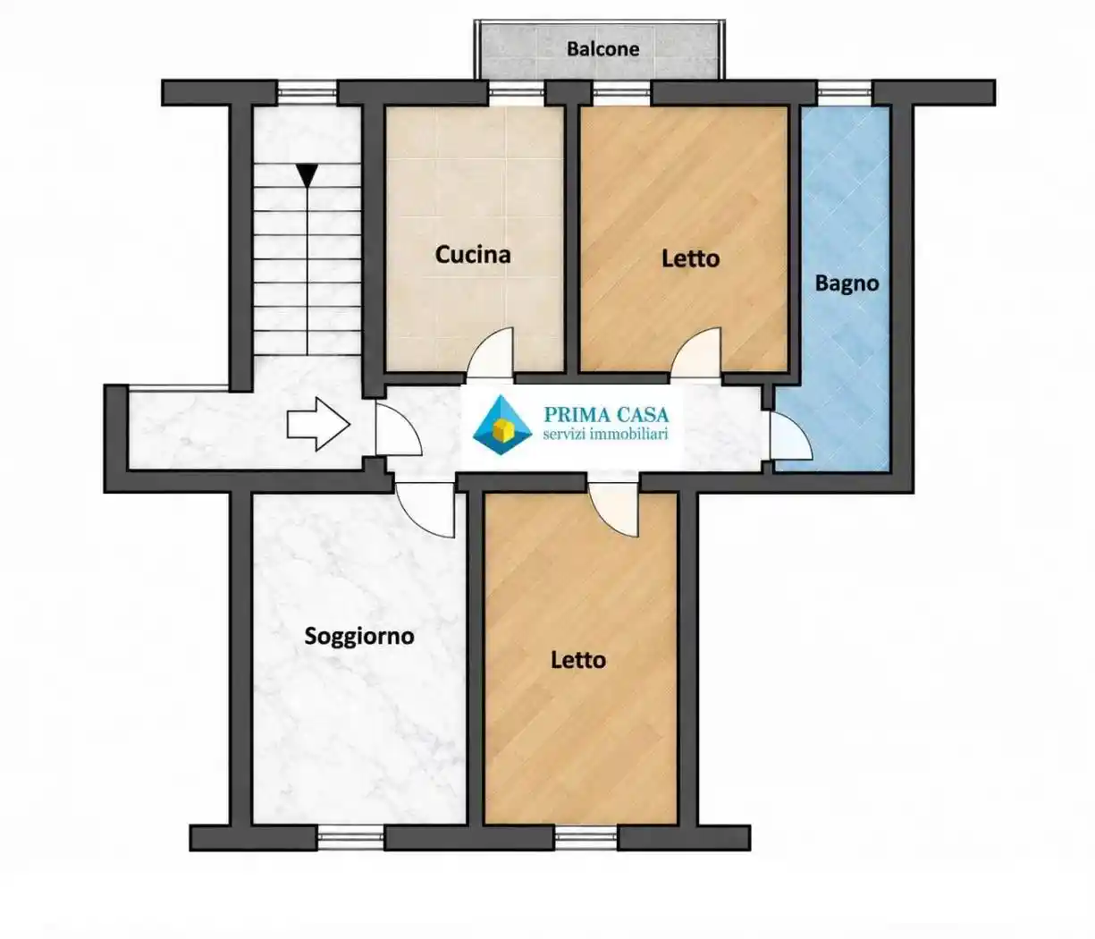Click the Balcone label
click(x=602, y=49)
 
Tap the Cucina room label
click(x=473, y=255)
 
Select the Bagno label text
click(x=847, y=284)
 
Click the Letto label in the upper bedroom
click(x=691, y=258)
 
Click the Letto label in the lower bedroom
click(x=578, y=660)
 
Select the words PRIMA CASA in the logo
click(x=606, y=414)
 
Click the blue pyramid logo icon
click(x=502, y=425)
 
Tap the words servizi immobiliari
click(x=605, y=435)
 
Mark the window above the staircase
click(x=307, y=93)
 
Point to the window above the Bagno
click(x=845, y=93)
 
